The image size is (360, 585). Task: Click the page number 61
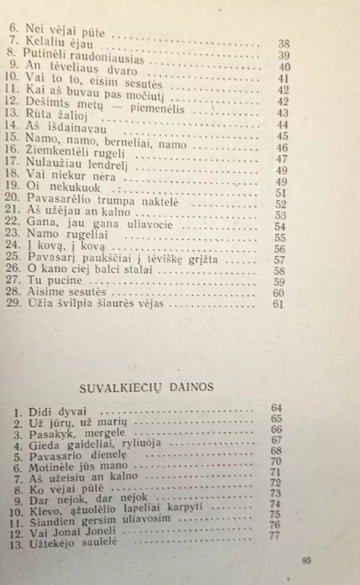pos(277,304)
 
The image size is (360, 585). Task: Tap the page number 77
pos(276,535)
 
